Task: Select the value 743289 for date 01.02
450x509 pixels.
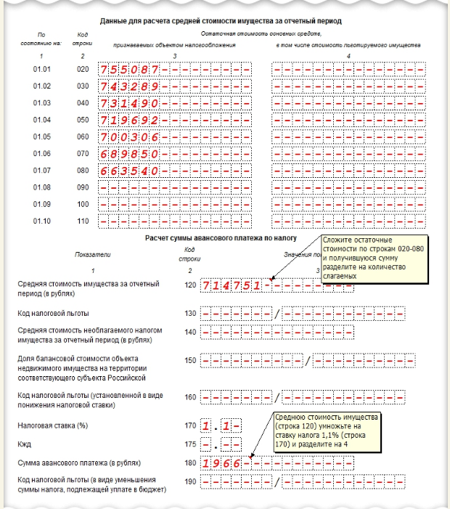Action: [x=131, y=86]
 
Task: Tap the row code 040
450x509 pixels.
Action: [x=82, y=102]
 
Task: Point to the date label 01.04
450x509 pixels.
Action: [x=41, y=119]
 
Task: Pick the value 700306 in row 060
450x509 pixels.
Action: [x=131, y=136]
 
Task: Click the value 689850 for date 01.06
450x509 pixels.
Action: [x=131, y=153]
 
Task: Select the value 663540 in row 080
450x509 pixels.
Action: [x=131, y=170]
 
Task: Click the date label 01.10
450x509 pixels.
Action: [x=41, y=220]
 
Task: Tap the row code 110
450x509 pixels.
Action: [x=82, y=220]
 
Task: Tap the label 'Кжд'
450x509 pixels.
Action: [x=24, y=443]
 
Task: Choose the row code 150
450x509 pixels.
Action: [x=190, y=359]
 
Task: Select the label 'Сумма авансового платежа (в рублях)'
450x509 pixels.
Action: [x=78, y=463]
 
